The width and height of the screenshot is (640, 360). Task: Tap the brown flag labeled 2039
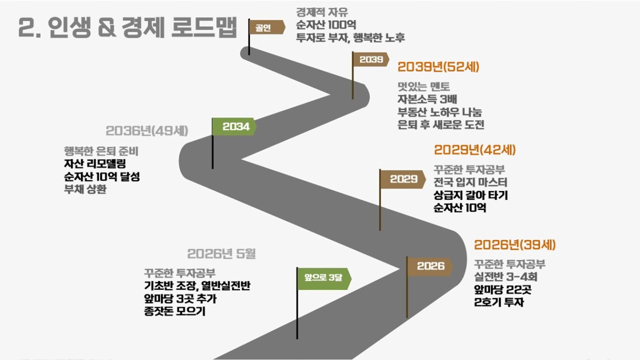click(x=371, y=59)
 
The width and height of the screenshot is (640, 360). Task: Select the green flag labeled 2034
click(x=234, y=126)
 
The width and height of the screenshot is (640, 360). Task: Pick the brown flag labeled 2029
click(x=403, y=179)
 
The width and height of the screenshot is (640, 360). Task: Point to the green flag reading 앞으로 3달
click(x=324, y=278)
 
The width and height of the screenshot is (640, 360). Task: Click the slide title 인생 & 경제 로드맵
click(x=143, y=27)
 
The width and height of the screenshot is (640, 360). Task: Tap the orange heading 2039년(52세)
click(x=438, y=67)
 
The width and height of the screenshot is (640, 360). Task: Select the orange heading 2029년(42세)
click(x=475, y=150)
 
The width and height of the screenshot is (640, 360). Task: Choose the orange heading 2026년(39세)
click(x=515, y=245)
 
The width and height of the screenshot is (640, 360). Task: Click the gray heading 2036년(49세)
click(x=147, y=131)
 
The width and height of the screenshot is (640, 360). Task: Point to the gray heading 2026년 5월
click(x=222, y=254)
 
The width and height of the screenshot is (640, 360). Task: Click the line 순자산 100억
click(x=326, y=25)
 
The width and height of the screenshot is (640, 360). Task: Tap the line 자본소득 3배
click(x=427, y=99)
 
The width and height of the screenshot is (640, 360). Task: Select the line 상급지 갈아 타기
click(x=471, y=195)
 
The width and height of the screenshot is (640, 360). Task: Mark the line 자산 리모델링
click(x=95, y=164)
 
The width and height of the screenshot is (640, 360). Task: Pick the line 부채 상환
click(x=85, y=189)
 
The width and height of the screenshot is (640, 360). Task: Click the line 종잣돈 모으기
click(x=175, y=311)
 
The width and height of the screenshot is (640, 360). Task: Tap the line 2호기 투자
click(x=499, y=302)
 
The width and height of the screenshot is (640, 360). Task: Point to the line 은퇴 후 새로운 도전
click(x=441, y=125)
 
